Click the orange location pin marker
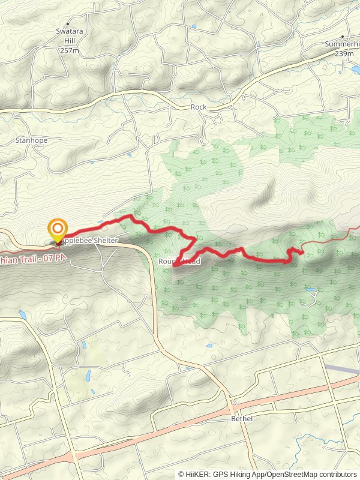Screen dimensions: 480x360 pyautogui.click(x=58, y=229)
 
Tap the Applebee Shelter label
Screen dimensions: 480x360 pyautogui.click(x=91, y=241)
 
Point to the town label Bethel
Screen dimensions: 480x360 pyautogui.click(x=241, y=418)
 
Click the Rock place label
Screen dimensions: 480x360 pyautogui.click(x=198, y=107)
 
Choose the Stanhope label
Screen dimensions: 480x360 pyautogui.click(x=31, y=140)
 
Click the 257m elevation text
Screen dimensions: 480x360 pyautogui.click(x=70, y=51)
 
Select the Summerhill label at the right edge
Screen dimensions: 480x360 pyautogui.click(x=343, y=44)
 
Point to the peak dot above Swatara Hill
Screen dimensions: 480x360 pyautogui.click(x=69, y=28)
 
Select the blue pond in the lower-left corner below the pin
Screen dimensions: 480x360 pyautogui.click(x=23, y=314)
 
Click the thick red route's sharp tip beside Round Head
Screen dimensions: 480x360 pyautogui.click(x=175, y=265)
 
